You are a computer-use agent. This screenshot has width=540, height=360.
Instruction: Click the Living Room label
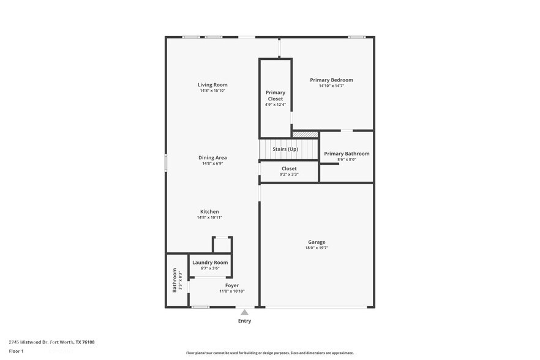coord(212,84)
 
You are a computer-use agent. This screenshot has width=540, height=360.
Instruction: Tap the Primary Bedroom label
coord(331,80)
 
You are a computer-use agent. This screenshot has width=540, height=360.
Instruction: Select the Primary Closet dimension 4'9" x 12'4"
coord(275,105)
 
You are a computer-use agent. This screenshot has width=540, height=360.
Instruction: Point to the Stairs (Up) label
coord(285,149)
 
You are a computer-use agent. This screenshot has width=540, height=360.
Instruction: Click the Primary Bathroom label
coord(347,154)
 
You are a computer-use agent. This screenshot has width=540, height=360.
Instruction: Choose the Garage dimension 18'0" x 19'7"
coord(317,248)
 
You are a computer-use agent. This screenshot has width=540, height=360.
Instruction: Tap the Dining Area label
coord(212,157)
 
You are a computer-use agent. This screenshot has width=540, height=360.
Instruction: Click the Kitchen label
coord(209,212)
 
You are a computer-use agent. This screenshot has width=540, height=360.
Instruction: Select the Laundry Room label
coord(210,262)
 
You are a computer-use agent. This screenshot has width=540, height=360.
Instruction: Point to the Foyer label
coord(232,285)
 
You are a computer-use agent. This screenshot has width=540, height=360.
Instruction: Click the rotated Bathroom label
coord(174,280)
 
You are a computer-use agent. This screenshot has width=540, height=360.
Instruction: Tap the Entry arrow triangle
coord(244,312)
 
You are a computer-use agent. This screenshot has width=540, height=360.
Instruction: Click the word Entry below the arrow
coord(244,321)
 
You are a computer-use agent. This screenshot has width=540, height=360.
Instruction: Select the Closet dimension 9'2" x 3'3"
coord(289,174)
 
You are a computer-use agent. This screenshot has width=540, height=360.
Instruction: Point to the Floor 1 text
coord(17,351)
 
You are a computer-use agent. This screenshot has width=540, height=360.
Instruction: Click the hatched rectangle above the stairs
coord(305,134)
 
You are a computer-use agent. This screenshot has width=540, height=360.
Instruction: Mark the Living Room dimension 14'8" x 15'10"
coord(212,91)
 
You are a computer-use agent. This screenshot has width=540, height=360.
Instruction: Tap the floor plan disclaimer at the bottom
coord(269,353)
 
